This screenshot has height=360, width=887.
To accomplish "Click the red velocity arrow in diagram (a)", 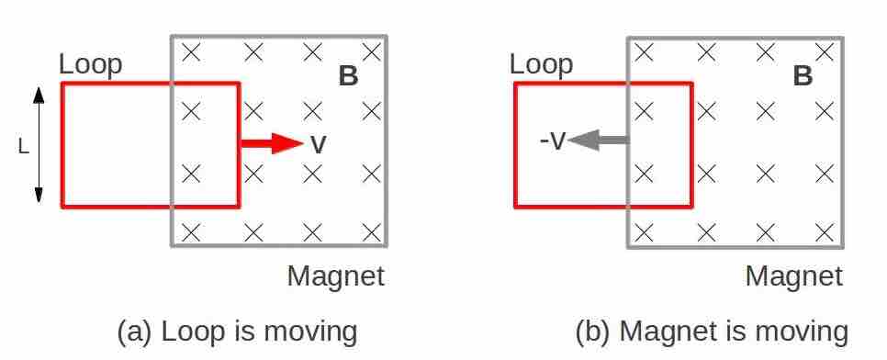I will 272,143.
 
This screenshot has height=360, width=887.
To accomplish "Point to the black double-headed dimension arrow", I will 39,145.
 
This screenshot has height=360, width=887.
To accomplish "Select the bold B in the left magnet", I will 348,76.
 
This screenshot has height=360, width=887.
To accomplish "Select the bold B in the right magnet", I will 803,76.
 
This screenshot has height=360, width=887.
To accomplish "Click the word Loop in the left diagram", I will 90,65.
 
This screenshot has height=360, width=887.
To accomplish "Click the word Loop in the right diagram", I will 541,64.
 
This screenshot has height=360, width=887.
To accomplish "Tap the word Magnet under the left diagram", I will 335,276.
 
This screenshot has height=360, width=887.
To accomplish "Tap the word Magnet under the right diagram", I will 792,276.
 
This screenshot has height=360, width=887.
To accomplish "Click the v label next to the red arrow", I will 318,144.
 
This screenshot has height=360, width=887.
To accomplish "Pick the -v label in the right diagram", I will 553,141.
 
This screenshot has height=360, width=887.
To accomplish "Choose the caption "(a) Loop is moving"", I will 237,332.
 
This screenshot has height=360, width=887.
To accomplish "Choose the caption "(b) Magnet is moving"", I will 712,332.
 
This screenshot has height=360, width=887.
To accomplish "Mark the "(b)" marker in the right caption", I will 593,332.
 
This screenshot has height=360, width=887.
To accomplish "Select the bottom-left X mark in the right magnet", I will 645,231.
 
